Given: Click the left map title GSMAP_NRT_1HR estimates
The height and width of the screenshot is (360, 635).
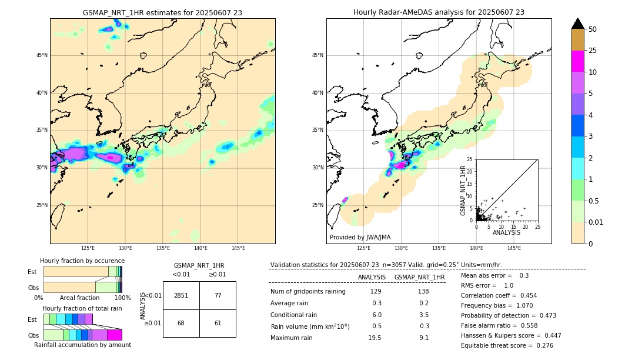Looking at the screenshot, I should [162, 12].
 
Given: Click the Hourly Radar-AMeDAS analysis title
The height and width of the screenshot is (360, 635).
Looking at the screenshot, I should [439, 12].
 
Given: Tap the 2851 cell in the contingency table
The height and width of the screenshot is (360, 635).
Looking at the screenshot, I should [181, 295].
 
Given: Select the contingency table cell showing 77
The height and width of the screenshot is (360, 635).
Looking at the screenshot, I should [218, 295].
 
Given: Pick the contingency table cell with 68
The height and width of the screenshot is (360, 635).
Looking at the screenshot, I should [181, 323].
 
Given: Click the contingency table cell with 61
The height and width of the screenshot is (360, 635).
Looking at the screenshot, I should [218, 323].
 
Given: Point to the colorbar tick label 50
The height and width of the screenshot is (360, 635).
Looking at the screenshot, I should [593, 29].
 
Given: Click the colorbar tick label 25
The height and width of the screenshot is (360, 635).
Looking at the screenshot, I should [593, 51].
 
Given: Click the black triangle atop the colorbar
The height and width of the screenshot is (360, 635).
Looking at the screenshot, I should [578, 24].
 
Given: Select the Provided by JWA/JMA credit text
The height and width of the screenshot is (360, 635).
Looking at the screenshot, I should [360, 238].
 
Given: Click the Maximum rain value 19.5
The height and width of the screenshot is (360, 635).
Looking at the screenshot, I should [374, 338].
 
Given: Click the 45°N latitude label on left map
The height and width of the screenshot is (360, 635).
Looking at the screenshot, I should [42, 55].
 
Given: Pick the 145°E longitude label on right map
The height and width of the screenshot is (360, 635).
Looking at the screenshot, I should [514, 248].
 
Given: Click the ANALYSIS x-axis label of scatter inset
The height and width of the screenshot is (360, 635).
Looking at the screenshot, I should [506, 232].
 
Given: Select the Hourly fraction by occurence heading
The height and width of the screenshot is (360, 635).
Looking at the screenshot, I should [82, 261].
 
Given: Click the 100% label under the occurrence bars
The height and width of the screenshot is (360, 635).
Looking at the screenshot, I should [122, 298].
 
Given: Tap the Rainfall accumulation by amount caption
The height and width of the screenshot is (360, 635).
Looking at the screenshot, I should [82, 345].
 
